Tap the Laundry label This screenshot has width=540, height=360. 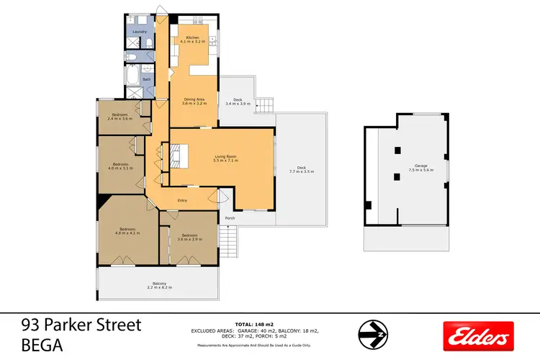140,32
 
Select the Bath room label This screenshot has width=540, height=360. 146,79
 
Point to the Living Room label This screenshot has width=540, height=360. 225,158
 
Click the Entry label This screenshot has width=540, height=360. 172,211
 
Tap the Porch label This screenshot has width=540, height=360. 230,217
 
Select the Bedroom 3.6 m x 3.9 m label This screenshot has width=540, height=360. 190,238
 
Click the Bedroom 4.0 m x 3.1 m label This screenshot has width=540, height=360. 120,166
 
